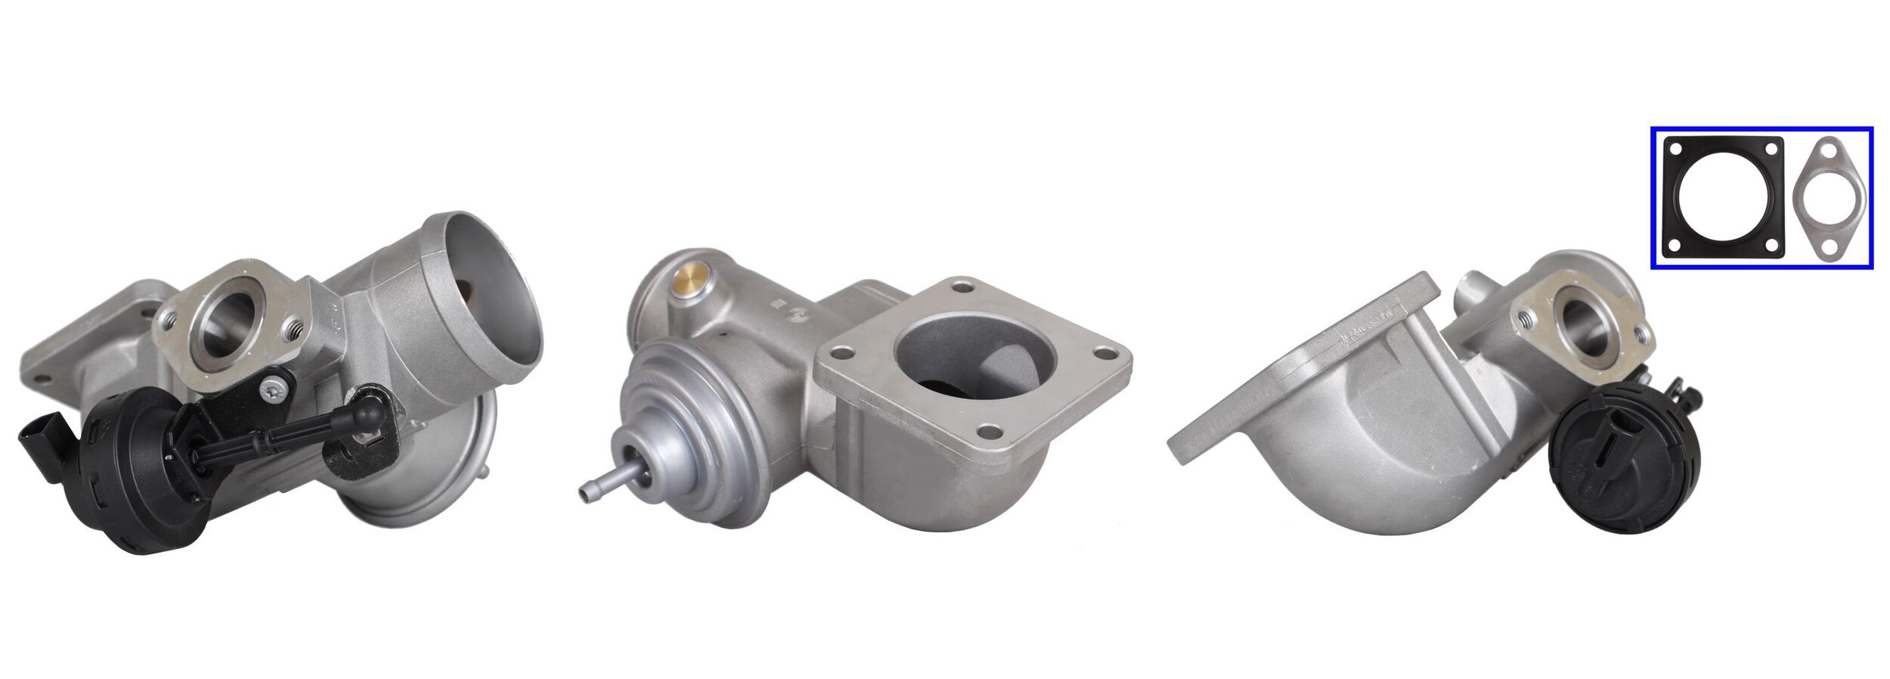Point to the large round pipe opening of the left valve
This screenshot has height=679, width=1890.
(491, 296)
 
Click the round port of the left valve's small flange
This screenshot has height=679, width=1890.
(222, 323)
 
